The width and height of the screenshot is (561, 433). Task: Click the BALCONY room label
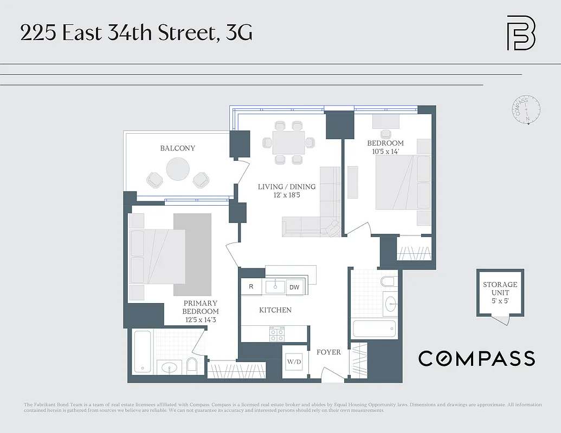(x=177, y=148)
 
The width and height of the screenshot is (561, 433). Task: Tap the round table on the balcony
(x=178, y=169)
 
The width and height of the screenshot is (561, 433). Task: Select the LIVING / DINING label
(x=286, y=187)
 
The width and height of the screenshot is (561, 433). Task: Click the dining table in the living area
(x=288, y=143)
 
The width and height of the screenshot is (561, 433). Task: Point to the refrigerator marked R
(x=251, y=287)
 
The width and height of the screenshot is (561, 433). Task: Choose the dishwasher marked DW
(x=294, y=287)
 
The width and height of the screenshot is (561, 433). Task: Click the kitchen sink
(x=275, y=286)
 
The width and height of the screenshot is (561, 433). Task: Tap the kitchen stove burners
(x=276, y=334)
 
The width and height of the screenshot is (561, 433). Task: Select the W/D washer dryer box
(x=294, y=361)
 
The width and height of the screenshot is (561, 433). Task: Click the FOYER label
(x=328, y=352)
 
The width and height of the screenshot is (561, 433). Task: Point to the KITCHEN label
(x=275, y=310)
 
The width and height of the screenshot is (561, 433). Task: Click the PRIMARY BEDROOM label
(x=201, y=307)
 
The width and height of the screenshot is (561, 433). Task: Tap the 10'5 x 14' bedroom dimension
(x=385, y=152)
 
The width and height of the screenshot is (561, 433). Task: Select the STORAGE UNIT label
(x=500, y=288)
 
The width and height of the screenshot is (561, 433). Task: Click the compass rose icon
(x=525, y=110)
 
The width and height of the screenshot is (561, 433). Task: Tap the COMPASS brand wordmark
(x=476, y=358)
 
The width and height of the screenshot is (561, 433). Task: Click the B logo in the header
(x=520, y=33)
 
